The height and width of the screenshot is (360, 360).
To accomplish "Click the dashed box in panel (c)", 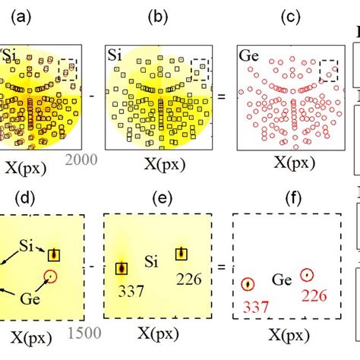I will [x=330, y=71].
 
